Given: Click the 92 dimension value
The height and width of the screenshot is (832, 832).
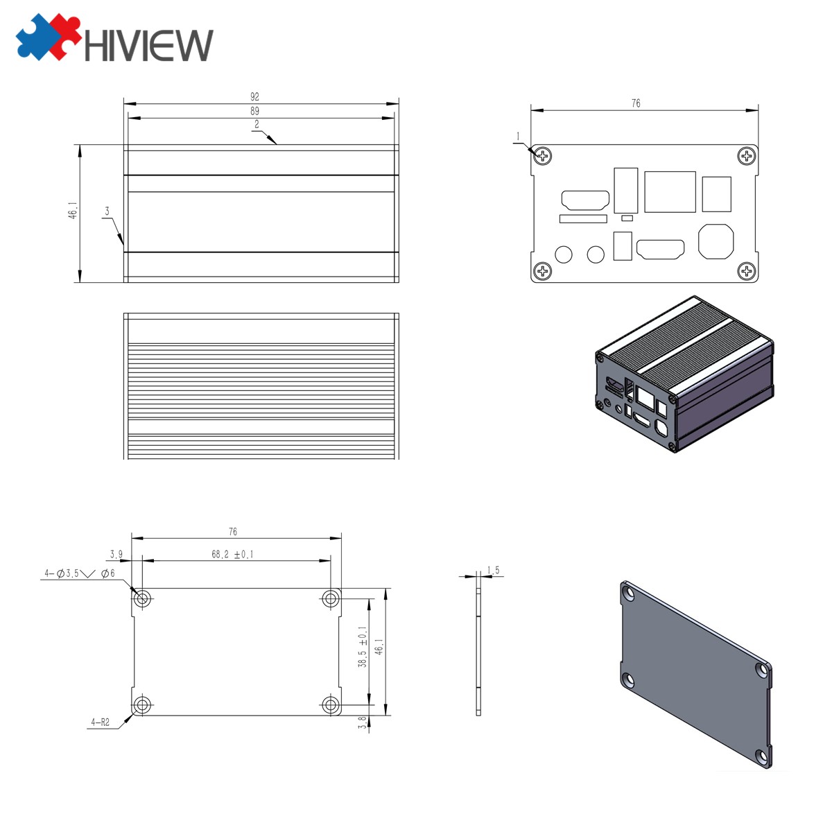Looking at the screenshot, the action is tap(254, 97).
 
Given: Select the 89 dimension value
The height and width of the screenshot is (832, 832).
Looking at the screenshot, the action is tap(254, 111).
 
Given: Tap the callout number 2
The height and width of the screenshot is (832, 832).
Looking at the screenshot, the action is tap(257, 124).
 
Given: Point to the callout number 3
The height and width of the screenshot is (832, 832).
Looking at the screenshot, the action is tap(107, 210).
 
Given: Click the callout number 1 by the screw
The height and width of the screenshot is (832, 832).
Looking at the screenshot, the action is tap(517, 136).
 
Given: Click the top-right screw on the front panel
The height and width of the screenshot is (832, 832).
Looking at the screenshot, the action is tap(747, 156).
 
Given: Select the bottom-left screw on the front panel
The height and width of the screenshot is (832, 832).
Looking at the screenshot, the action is tap(542, 271).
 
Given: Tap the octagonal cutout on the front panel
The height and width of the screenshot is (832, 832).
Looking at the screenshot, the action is tap(716, 241).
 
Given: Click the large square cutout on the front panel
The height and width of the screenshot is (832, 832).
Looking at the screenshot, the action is tap(670, 191).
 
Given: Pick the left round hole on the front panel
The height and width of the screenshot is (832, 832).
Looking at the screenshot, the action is tap(564, 254).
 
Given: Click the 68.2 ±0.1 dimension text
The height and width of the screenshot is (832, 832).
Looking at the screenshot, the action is tap(232, 554).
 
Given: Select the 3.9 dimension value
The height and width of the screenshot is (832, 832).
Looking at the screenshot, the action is tap(116, 554).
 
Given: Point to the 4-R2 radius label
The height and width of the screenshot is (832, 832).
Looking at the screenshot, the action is tap(100, 722).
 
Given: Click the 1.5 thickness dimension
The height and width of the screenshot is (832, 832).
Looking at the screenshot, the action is tap(494, 570).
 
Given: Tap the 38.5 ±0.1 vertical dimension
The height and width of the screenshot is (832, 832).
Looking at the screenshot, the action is tap(363, 647).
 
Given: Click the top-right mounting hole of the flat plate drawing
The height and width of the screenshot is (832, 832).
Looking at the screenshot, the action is tap(331, 598).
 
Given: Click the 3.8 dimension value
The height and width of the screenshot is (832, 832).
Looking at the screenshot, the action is tap(363, 722).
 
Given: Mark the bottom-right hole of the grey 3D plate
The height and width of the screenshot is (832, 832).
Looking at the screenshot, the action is tap(763, 757).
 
